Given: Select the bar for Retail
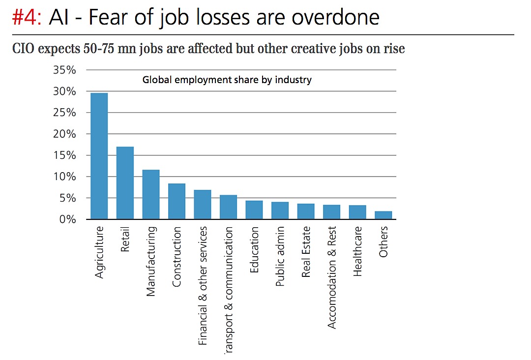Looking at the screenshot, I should (x=125, y=183).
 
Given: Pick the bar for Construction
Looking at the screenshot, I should (x=177, y=201).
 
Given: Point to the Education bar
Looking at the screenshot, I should (x=254, y=210).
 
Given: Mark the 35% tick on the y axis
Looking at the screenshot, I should (x=64, y=70).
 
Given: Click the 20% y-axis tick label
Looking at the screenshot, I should (x=64, y=134).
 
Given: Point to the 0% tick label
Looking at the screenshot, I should (x=67, y=219).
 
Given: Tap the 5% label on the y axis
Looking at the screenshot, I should (x=67, y=198).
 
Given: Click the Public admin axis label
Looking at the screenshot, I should (x=280, y=256).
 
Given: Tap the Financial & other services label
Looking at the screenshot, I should (x=203, y=285).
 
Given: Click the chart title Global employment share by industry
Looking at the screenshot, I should (x=227, y=80).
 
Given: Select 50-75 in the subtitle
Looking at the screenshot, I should (x=96, y=49).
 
